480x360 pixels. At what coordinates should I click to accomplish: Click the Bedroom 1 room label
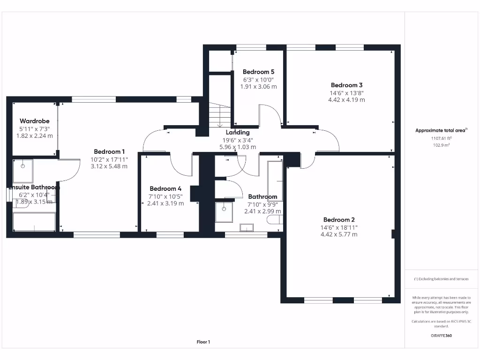(109, 151)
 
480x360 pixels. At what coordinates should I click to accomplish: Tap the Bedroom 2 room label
(339, 220)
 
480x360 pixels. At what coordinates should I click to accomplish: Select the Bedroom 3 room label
(346, 85)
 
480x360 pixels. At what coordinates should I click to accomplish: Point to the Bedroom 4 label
(165, 189)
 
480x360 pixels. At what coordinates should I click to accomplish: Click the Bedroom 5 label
(258, 72)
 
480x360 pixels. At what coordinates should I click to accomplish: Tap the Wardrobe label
(34, 121)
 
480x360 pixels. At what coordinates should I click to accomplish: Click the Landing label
(238, 133)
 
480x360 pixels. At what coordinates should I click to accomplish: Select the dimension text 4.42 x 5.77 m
(339, 234)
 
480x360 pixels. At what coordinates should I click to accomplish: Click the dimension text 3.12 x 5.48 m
(109, 166)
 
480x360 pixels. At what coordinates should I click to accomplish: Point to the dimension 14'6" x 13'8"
(346, 93)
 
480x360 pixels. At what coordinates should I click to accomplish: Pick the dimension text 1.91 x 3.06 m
(258, 87)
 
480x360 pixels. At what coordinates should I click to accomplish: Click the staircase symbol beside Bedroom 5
(219, 115)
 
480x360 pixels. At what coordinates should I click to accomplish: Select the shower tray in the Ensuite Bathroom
(22, 171)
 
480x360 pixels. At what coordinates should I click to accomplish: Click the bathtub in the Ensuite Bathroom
(34, 222)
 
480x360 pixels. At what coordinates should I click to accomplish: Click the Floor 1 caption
(203, 342)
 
